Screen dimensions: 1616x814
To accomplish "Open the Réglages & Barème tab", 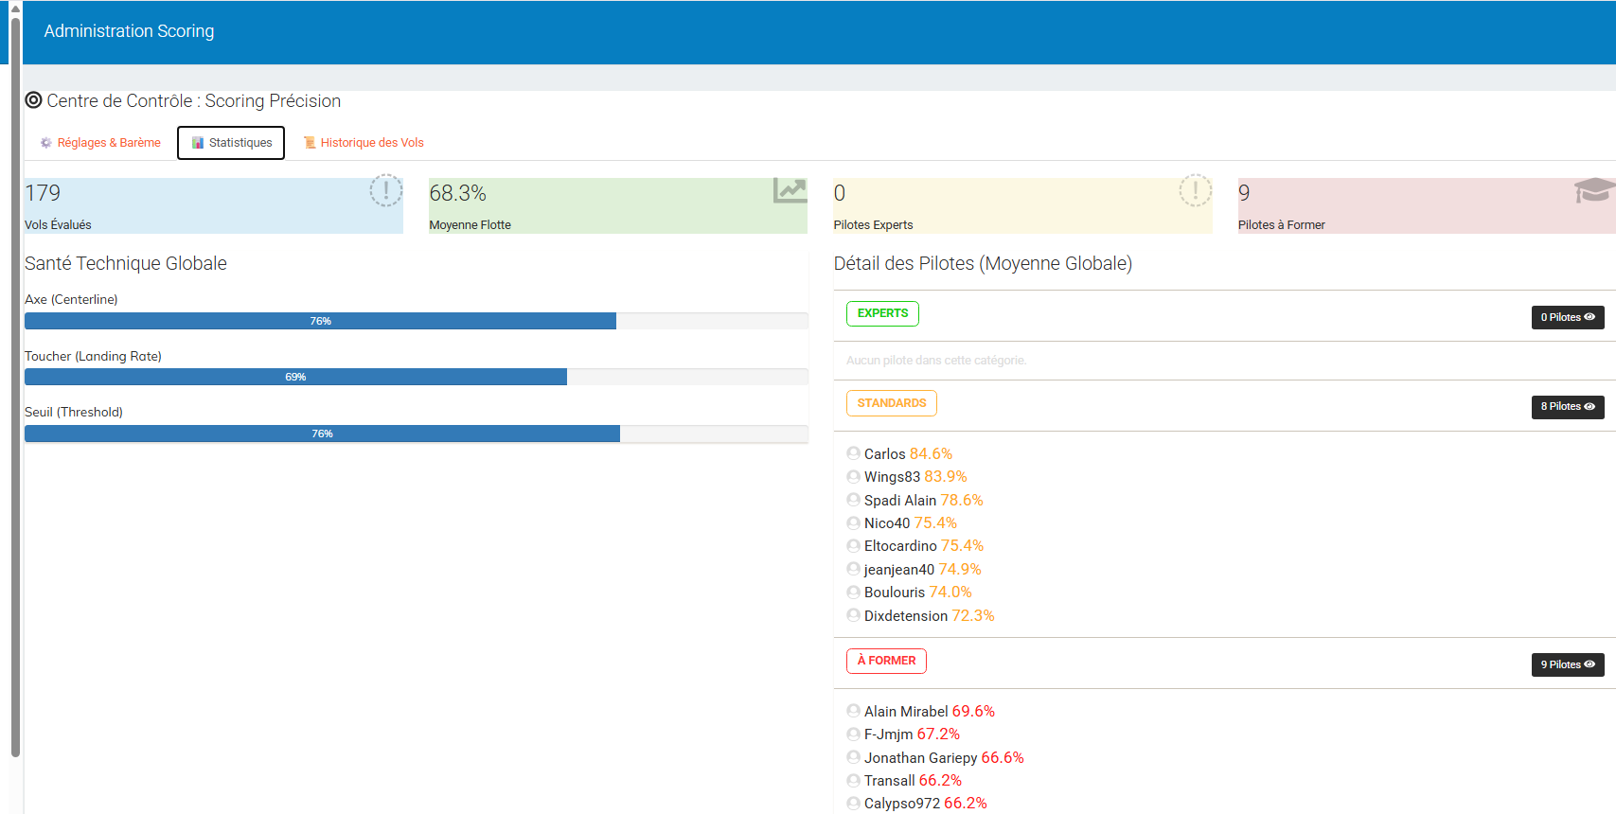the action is click(100, 143).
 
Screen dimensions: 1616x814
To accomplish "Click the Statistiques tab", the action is click(231, 143).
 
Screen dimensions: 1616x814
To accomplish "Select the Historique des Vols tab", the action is click(364, 143).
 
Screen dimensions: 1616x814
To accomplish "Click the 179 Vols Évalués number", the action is click(43, 193).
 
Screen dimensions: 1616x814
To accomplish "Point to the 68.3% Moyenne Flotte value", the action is click(457, 193).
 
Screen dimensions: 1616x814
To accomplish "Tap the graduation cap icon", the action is click(1593, 190).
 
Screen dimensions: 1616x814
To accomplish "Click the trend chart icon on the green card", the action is click(790, 190).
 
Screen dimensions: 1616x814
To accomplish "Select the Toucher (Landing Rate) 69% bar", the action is click(295, 377).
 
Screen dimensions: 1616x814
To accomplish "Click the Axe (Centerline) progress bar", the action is click(320, 321).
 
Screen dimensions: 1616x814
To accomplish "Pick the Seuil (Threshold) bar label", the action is click(74, 413).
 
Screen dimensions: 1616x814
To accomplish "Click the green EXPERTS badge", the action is click(882, 313).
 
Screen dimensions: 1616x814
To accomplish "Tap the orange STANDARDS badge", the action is click(892, 403).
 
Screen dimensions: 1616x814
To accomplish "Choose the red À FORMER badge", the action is click(887, 661).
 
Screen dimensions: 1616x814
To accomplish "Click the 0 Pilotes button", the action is click(1568, 317).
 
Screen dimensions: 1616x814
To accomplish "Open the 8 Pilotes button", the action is click(1568, 407).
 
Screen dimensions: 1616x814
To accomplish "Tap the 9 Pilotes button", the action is click(1568, 664).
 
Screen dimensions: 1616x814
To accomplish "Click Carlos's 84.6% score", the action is click(931, 454).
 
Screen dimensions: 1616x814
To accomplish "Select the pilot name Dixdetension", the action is click(905, 616).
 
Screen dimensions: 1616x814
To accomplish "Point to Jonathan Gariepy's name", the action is click(920, 758).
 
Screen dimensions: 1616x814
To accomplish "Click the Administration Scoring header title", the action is click(129, 31).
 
